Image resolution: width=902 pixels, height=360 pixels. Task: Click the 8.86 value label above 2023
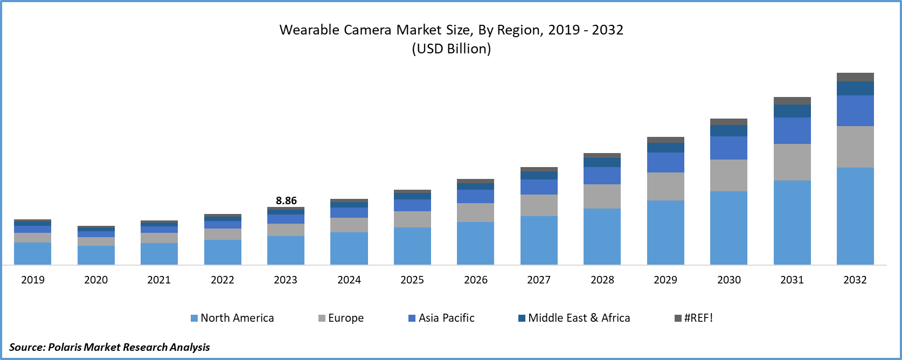click(286, 200)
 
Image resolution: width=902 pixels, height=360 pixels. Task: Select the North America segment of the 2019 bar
click(32, 253)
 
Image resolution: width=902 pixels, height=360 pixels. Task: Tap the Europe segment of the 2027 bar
click(539, 205)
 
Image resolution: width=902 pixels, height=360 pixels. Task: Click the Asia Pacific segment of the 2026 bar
click(475, 196)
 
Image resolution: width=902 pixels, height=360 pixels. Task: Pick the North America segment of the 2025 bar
click(412, 246)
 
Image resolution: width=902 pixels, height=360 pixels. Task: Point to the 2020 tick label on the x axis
click(96, 280)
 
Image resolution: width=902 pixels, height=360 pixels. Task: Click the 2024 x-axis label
click(349, 280)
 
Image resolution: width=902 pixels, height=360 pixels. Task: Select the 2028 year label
click(602, 280)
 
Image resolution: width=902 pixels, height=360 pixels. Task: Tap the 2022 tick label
click(223, 280)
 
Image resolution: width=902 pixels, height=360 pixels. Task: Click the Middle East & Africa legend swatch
click(522, 318)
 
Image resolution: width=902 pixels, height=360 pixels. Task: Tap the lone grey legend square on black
click(678, 318)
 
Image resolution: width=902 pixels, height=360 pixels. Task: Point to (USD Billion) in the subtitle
click(452, 49)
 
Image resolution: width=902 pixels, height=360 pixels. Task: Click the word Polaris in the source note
click(65, 347)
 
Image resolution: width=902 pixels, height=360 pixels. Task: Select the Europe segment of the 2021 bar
click(159, 238)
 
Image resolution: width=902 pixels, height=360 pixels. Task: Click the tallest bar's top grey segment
click(855, 77)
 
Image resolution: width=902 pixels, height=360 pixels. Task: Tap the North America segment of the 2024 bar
click(349, 248)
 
